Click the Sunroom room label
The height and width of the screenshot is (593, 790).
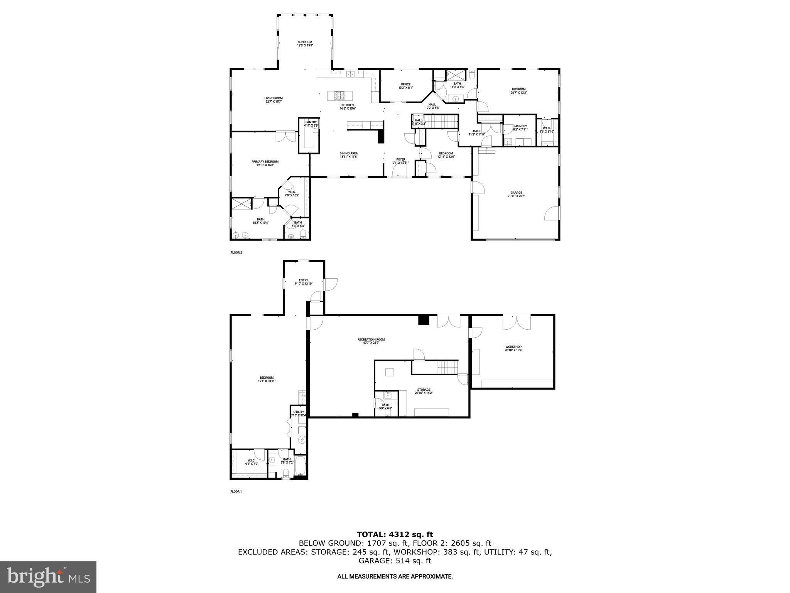(305, 44)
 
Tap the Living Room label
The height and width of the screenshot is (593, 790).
(273, 100)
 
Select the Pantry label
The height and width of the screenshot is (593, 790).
(311, 124)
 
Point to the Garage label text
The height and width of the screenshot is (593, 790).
(516, 194)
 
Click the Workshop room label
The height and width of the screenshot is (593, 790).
(513, 349)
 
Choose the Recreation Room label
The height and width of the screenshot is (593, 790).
(371, 341)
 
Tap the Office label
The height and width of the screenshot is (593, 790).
(405, 86)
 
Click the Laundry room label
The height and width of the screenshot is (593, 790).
(520, 128)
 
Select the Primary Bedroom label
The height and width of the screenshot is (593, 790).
(265, 163)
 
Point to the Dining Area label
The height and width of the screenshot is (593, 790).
(348, 155)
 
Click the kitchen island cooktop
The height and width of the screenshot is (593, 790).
(340, 95)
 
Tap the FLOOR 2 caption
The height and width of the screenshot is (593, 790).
(236, 252)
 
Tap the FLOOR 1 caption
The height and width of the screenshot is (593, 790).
(236, 491)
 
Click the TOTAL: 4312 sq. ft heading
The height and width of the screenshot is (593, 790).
(395, 534)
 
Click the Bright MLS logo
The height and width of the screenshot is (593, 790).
(48, 577)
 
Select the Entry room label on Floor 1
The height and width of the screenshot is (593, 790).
(304, 282)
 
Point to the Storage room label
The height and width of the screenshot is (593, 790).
(424, 391)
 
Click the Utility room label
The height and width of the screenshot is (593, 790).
(299, 413)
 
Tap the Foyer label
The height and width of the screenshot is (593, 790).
(401, 161)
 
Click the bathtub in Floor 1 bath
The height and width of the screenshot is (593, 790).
(300, 466)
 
